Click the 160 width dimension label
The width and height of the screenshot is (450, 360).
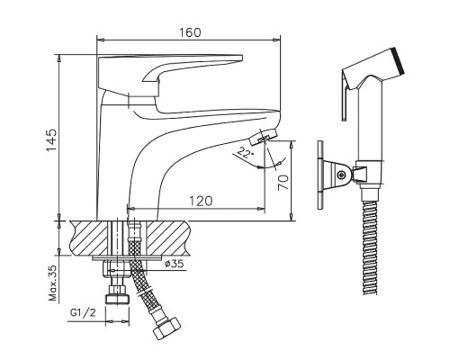[190, 32]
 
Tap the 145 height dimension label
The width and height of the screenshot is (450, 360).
[51, 140]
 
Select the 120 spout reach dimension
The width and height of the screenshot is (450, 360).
[201, 201]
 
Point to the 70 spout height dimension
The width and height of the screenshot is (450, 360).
[283, 183]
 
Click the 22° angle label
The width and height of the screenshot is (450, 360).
[246, 153]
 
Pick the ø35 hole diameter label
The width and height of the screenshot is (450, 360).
[175, 264]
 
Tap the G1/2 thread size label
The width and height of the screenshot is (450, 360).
[83, 313]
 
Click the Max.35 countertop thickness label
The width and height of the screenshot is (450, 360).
[52, 283]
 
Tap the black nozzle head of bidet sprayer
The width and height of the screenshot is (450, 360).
[399, 62]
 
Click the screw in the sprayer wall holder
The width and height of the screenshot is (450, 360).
[340, 175]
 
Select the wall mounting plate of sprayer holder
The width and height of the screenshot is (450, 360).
[320, 175]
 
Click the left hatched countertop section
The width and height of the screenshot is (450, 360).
[89, 238]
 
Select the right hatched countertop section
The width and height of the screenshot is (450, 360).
[167, 238]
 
